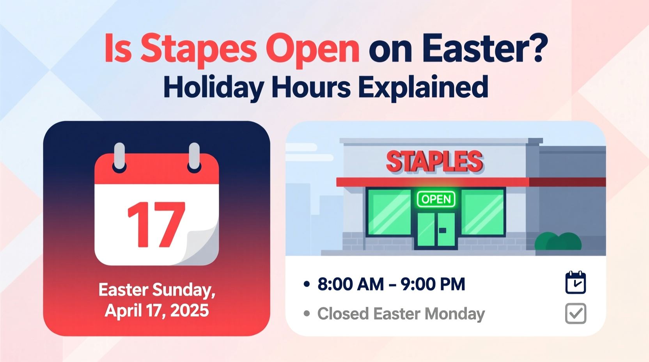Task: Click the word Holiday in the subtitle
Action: point(213,87)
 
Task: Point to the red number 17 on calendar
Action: point(156,225)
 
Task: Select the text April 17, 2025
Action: point(157,311)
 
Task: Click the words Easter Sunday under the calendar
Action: point(157,290)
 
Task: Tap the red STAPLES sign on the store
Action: point(434,161)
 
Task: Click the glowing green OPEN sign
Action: point(436,199)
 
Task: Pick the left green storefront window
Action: point(389,212)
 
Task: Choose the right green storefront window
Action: point(483,212)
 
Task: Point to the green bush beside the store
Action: point(558,242)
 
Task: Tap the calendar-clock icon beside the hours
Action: point(575,283)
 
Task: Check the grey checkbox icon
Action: point(575,314)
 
